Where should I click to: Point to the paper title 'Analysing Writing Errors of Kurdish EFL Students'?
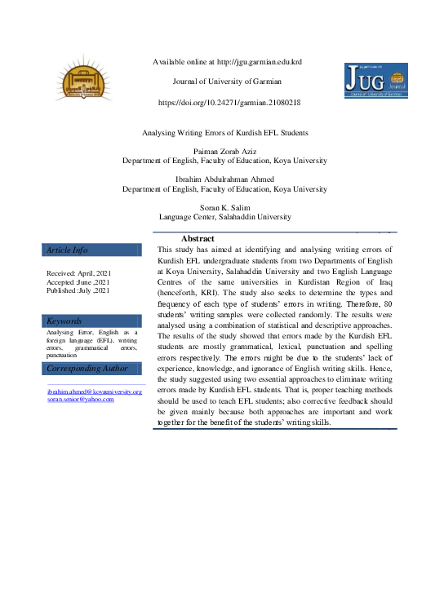tap(225, 132)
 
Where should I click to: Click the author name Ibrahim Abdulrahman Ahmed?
tap(224, 179)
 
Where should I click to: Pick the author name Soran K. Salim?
tap(224, 208)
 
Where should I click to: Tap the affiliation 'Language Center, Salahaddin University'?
tap(224, 217)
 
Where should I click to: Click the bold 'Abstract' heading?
tap(197, 238)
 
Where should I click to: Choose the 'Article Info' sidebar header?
tap(68, 250)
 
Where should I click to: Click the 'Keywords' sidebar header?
tap(64, 321)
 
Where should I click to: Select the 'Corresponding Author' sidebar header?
tap(87, 369)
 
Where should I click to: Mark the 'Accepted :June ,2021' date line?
tap(78, 281)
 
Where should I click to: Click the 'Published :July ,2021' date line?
tap(78, 290)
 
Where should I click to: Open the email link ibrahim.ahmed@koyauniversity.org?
tap(95, 392)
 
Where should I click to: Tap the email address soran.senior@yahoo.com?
tap(80, 400)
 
